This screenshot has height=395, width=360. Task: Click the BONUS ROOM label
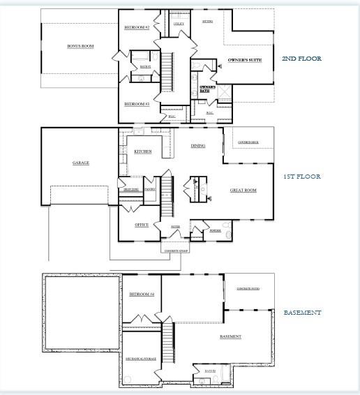[x=80, y=46]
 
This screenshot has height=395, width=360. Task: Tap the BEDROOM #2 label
[x=137, y=27]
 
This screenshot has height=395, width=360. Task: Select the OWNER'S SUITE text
[x=245, y=61]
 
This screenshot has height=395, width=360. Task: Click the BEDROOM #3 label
[x=137, y=104]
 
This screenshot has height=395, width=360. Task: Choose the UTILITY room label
[x=179, y=24]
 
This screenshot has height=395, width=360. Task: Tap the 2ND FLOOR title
[x=301, y=59]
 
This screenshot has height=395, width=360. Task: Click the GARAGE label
[x=81, y=163]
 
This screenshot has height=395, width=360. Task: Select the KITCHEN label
[x=143, y=151]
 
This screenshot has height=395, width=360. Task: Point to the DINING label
[x=198, y=146]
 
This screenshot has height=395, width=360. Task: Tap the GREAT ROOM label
[x=243, y=190]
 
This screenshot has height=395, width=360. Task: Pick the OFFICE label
[x=142, y=225]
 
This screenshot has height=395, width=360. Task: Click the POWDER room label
[x=216, y=230]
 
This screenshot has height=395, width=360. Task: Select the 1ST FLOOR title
[x=301, y=177]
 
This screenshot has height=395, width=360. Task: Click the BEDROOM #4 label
[x=142, y=295]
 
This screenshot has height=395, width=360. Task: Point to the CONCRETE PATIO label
[x=248, y=289]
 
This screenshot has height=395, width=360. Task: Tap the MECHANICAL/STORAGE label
[x=142, y=359]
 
